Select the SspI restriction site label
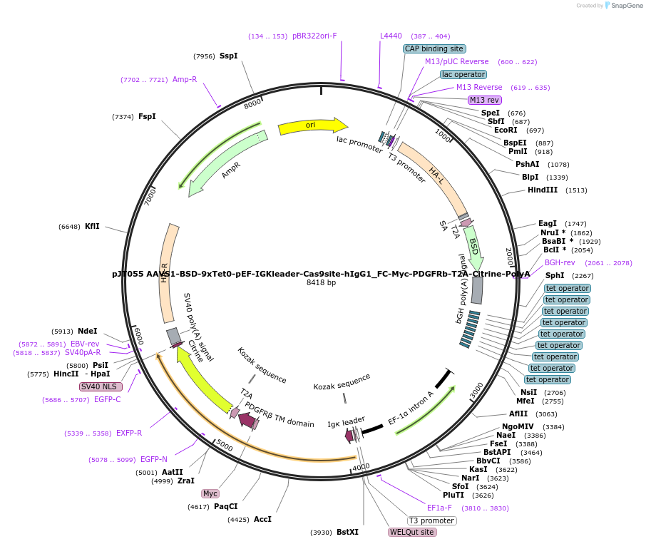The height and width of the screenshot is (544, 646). (x=228, y=56)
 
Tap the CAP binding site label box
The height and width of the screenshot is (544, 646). (x=434, y=48)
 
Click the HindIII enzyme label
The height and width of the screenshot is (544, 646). (x=543, y=190)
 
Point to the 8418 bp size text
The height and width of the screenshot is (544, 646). (x=321, y=283)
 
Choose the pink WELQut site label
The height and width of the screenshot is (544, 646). (x=412, y=532)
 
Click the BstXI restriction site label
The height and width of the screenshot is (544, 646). (x=348, y=532)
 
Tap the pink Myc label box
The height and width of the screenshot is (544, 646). (x=210, y=493)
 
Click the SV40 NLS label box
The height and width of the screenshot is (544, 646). (x=101, y=386)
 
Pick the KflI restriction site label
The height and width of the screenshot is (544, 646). (x=92, y=226)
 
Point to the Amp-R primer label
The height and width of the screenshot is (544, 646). (x=185, y=79)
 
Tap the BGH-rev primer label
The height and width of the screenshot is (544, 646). (x=560, y=262)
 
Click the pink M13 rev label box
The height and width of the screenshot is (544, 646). (x=485, y=100)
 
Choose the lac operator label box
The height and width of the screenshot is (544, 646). (x=463, y=74)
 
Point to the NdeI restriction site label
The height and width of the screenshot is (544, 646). (x=87, y=331)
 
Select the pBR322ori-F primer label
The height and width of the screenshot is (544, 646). (x=314, y=36)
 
